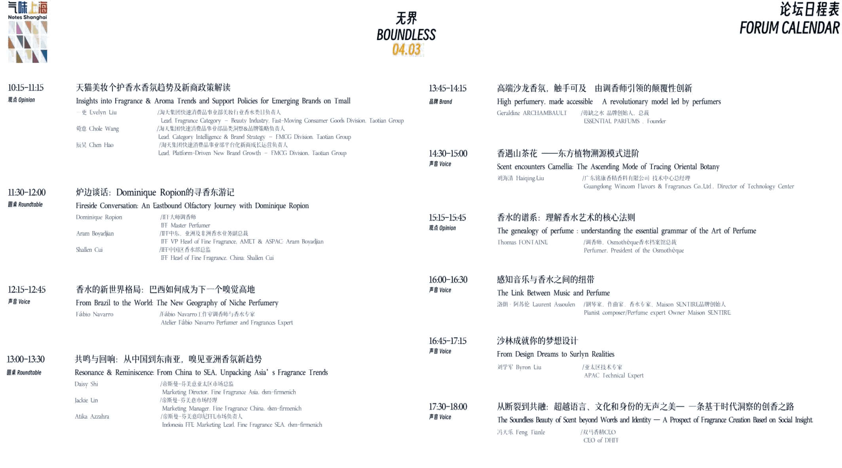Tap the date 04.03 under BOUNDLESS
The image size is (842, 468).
pos(406,50)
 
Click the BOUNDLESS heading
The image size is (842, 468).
pos(406,35)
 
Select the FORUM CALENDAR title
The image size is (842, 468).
pos(788,28)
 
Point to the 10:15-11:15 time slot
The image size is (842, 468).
pos(25,87)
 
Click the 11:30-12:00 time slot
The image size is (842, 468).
pos(27,192)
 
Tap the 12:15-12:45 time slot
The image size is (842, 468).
pos(27,289)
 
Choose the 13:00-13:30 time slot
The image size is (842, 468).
pos(26,359)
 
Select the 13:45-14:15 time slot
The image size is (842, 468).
pos(448,88)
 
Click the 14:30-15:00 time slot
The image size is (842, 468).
pos(448,153)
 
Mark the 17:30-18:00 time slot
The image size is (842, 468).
pos(448,406)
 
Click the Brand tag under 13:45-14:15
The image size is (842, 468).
pos(440,102)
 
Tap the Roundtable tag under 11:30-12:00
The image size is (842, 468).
pos(25,205)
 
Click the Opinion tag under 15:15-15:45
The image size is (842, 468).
pos(442,228)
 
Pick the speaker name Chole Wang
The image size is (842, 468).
pos(98,129)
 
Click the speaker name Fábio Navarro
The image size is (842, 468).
pos(95,315)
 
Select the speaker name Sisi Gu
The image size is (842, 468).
pos(86,400)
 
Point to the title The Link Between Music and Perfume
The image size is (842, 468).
pos(554,293)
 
